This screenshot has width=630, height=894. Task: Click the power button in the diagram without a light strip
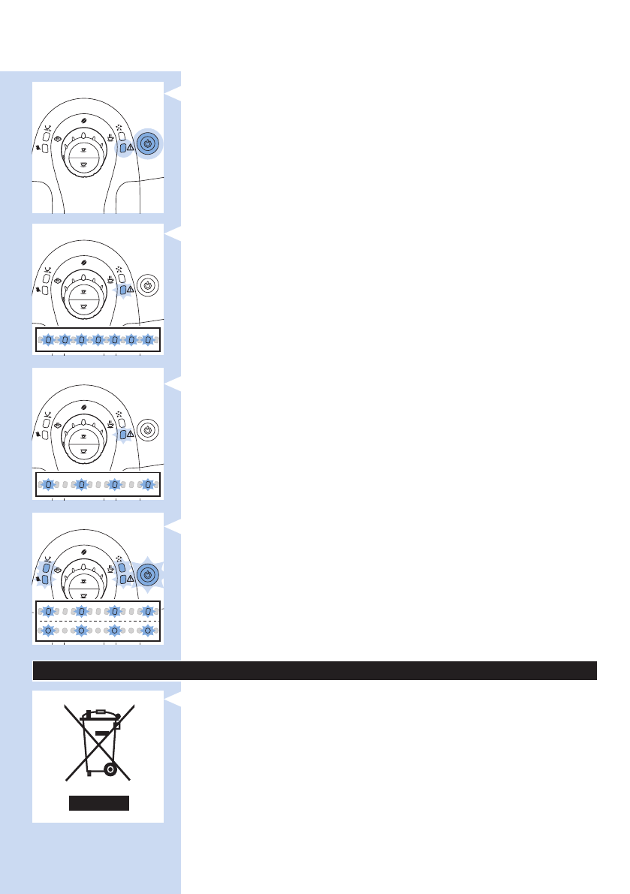coord(147,143)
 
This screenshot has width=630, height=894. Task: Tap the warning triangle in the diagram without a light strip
coord(131,148)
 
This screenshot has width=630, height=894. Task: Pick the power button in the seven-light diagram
coord(147,285)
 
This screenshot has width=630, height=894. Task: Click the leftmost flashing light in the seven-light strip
coord(47,340)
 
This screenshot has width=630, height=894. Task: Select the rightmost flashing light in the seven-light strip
coord(148,340)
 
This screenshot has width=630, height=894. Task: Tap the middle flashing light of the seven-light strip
coord(98,340)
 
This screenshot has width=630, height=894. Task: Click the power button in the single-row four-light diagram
coord(147,430)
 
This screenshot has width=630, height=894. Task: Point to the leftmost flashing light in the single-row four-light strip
coord(47,485)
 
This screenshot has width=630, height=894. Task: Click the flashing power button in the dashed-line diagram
coord(147,575)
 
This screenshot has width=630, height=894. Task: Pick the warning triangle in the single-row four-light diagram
coord(131,435)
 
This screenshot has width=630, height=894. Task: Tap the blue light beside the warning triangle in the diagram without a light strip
coord(122,148)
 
